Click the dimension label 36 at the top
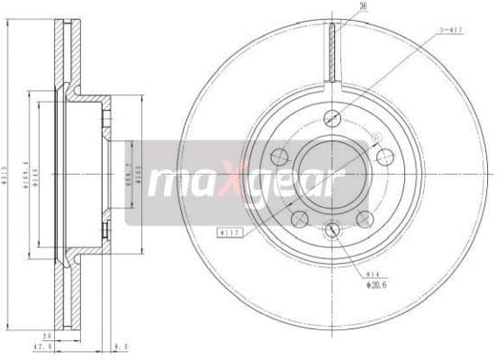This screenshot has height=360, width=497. [x=339, y=7]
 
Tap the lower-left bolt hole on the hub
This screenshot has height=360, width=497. [x=300, y=218]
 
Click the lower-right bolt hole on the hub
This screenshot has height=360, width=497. [x=365, y=218]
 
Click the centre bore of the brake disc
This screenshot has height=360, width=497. [x=332, y=171]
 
